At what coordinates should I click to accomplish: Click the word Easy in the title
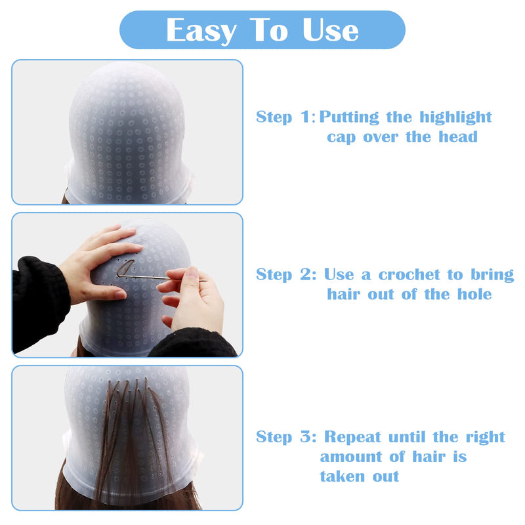[x=201, y=31]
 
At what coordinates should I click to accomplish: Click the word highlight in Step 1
[x=455, y=117]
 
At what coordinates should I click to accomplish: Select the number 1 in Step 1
[x=305, y=117]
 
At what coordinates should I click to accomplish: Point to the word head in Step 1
[x=458, y=136]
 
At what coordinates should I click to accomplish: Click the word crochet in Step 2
[x=409, y=274]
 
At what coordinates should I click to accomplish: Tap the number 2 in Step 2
[x=305, y=274]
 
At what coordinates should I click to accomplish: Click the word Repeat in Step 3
[x=352, y=437]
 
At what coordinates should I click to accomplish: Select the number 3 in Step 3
[x=305, y=437]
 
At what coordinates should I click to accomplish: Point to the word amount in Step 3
[x=351, y=457]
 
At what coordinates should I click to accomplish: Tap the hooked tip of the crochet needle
[x=119, y=276]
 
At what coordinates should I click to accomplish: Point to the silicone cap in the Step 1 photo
[x=127, y=134]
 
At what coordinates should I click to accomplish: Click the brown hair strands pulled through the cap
[x=134, y=435]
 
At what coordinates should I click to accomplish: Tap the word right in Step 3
[x=486, y=437]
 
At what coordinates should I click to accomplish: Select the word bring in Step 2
[x=492, y=274]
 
